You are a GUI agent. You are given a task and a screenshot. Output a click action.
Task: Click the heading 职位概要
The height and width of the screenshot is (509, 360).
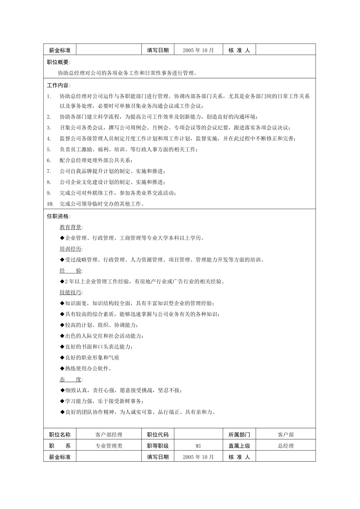[58, 62]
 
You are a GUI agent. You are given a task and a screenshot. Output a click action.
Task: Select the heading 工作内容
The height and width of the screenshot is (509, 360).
[58, 85]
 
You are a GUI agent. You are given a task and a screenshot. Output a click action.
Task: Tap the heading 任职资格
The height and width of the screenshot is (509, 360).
[58, 216]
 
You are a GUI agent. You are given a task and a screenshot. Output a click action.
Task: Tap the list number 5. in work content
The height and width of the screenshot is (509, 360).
[49, 149]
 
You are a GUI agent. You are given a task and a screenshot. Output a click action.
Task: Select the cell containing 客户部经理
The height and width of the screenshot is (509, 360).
[109, 435]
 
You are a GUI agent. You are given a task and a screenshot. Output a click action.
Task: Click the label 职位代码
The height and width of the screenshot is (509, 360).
[158, 435]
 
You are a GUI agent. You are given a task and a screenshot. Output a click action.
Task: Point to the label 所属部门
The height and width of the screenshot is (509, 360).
[239, 435]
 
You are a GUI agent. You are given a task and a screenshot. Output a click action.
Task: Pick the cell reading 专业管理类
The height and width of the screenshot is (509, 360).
[109, 446]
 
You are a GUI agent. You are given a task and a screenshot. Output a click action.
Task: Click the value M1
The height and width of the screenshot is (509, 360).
[198, 446]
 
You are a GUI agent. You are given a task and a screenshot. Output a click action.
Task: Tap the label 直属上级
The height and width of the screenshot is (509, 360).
[239, 446]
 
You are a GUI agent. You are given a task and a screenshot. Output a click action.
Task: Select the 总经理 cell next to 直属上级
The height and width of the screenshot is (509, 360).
[286, 446]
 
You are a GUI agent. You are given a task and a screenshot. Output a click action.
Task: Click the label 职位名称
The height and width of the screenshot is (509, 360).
[60, 435]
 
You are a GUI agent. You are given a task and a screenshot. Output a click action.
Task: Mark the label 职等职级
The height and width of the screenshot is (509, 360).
[158, 446]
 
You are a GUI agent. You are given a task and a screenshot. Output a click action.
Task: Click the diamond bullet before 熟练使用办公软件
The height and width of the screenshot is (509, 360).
[62, 368]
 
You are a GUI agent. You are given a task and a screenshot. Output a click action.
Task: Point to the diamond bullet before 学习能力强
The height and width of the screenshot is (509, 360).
[62, 401]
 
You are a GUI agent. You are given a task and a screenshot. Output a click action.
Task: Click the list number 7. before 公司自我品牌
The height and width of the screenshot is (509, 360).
[49, 171]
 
